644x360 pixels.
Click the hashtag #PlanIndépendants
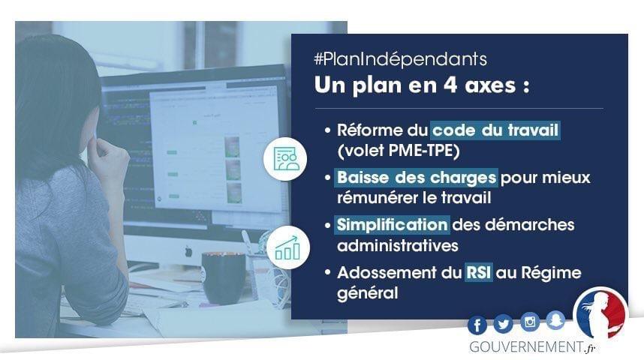[401, 59]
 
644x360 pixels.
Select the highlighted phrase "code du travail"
[495, 130]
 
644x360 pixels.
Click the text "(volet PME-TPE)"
[398, 151]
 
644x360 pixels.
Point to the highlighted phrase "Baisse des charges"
[416, 178]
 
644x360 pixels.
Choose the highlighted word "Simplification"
[392, 225]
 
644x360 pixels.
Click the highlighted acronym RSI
[478, 272]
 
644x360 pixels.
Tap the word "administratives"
[398, 245]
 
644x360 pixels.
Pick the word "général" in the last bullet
[368, 293]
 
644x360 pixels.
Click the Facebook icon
[477, 325]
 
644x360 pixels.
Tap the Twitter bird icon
[503, 324]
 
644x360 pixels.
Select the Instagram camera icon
[529, 322]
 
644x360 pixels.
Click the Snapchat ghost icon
[555, 320]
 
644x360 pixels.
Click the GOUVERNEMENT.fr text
[532, 347]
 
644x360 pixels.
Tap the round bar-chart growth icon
[288, 247]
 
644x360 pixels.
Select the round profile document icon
[285, 159]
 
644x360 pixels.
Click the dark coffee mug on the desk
[223, 278]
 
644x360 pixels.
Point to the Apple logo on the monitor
[188, 250]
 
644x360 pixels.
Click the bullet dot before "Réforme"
[327, 130]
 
